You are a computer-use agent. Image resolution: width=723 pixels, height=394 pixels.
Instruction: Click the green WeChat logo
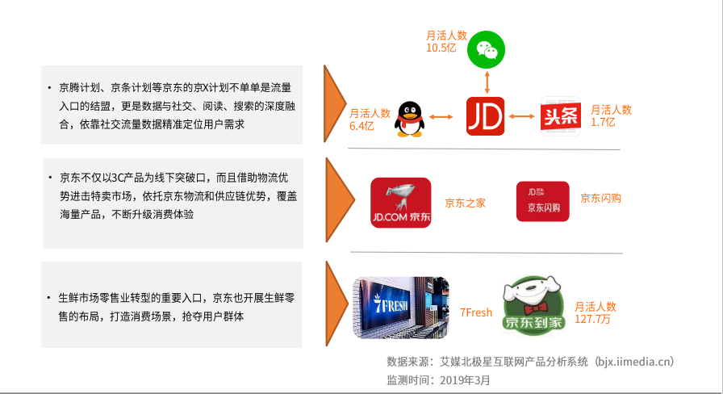(486, 50)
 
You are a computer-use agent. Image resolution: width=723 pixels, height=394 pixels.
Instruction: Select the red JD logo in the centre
(486, 115)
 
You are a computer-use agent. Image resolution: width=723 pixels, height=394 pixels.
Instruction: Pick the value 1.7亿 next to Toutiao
(603, 122)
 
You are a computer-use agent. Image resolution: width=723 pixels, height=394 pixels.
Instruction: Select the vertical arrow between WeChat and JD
(486, 82)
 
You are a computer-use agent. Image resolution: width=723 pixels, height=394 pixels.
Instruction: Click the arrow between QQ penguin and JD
(442, 117)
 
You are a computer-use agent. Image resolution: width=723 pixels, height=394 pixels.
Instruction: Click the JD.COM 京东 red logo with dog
(400, 203)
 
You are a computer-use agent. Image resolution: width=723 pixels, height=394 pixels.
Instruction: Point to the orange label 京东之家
(466, 203)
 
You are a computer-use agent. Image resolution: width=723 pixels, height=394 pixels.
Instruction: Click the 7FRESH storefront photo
(401, 308)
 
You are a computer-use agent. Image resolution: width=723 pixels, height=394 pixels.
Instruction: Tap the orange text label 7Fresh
(476, 312)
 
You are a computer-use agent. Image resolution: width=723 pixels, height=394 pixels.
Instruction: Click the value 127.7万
(596, 319)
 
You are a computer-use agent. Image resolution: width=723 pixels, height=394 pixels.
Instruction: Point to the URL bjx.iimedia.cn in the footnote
(633, 362)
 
